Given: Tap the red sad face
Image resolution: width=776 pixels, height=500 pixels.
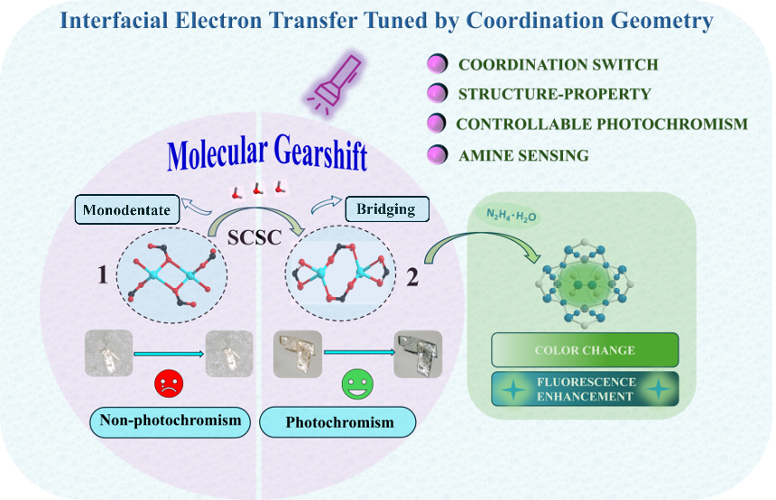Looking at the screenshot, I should (169, 382).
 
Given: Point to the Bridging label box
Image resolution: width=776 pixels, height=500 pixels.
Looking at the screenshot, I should (385, 209).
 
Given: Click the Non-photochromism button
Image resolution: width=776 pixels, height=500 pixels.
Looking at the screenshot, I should (170, 421).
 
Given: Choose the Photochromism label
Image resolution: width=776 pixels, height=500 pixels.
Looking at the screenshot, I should (338, 422).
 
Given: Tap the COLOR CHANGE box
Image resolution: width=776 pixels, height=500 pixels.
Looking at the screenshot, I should (584, 350).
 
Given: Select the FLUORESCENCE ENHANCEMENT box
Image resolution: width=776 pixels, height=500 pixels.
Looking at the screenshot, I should (585, 389).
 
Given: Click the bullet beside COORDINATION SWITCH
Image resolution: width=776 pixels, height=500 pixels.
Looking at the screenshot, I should (438, 65).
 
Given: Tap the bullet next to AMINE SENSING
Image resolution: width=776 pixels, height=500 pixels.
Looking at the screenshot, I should (438, 155).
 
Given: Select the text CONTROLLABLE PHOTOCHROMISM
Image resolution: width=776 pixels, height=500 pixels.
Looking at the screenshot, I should (602, 124).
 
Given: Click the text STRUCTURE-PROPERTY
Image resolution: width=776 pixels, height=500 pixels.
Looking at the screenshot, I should (554, 94).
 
